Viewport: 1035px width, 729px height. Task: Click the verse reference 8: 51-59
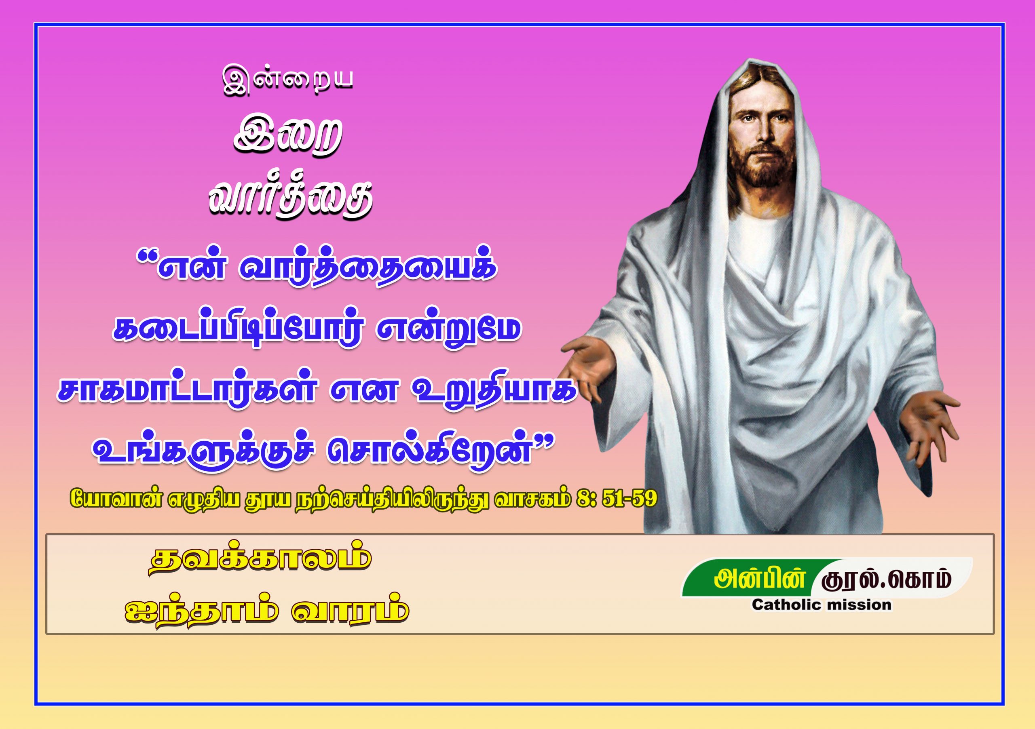(x=616, y=498)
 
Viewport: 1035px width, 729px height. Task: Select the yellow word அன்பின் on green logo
(x=760, y=579)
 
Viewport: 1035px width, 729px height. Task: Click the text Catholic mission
(x=821, y=605)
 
